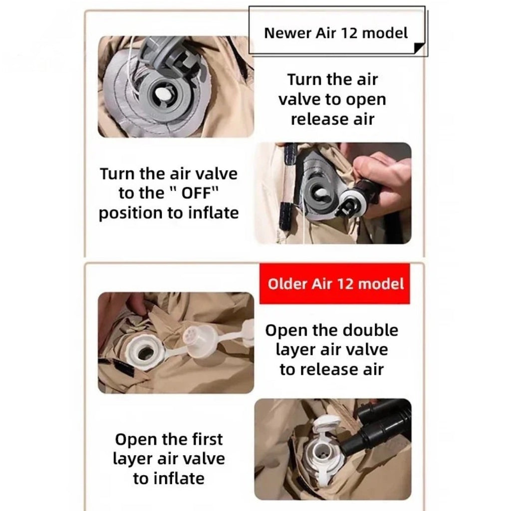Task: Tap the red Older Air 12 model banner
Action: (335, 284)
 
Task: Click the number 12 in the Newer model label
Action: (350, 33)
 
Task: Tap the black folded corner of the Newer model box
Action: (419, 47)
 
